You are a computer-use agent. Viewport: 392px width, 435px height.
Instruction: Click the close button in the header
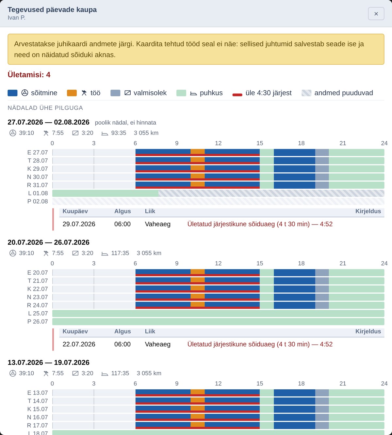click(x=376, y=14)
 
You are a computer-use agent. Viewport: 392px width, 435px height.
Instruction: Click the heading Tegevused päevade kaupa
click(x=52, y=9)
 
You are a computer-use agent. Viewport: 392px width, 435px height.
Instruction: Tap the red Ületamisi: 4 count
click(x=29, y=75)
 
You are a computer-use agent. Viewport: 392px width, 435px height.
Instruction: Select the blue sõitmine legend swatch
click(x=12, y=93)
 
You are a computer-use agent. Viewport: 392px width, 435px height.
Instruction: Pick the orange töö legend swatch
click(x=72, y=93)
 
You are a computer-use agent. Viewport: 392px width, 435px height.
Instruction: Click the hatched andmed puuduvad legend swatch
click(x=306, y=93)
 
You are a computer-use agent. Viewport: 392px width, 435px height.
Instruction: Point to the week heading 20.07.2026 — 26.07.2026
click(x=48, y=242)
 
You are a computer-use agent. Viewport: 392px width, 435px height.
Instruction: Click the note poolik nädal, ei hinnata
click(x=125, y=122)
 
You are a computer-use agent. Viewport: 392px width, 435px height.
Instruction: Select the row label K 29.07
click(x=37, y=169)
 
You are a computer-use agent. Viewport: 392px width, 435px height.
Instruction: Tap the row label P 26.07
click(x=37, y=321)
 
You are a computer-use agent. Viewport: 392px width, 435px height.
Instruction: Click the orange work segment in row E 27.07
click(x=198, y=151)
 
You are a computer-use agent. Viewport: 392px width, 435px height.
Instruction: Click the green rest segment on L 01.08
click(x=105, y=193)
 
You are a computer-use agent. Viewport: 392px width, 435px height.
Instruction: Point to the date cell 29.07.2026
click(x=79, y=224)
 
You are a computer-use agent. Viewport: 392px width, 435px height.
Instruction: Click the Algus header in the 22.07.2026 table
click(x=122, y=331)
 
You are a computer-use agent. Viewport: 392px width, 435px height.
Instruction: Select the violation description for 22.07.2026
click(x=260, y=344)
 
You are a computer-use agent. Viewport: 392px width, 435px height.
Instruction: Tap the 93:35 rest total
click(x=119, y=133)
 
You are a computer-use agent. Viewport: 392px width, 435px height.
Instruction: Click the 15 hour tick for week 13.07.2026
click(x=260, y=383)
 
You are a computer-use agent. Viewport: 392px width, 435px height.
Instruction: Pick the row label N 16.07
click(x=37, y=417)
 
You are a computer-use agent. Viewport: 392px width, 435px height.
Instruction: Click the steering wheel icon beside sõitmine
click(x=25, y=93)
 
